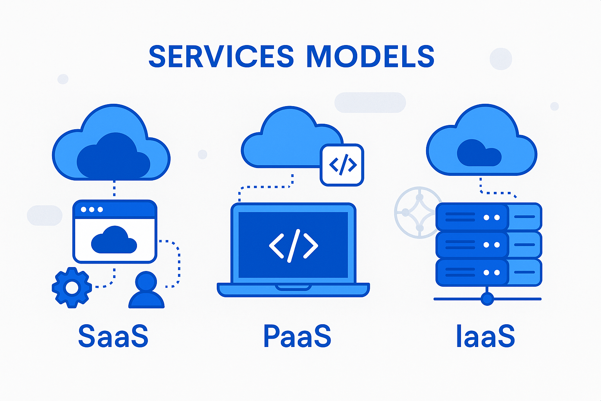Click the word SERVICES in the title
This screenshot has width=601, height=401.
pyautogui.click(x=221, y=57)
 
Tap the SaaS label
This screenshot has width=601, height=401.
pyautogui.click(x=113, y=336)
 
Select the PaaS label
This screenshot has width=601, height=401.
pyautogui.click(x=297, y=336)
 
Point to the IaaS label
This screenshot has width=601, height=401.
pyautogui.click(x=485, y=336)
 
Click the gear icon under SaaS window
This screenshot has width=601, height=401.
pyautogui.click(x=72, y=288)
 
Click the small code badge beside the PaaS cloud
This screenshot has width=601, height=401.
pyautogui.click(x=342, y=165)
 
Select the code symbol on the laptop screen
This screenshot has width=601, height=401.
pyautogui.click(x=293, y=246)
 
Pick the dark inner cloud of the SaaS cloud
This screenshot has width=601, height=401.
pyautogui.click(x=113, y=157)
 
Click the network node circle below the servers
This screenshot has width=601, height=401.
pyautogui.click(x=487, y=299)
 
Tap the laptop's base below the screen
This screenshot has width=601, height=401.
pyautogui.click(x=293, y=290)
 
